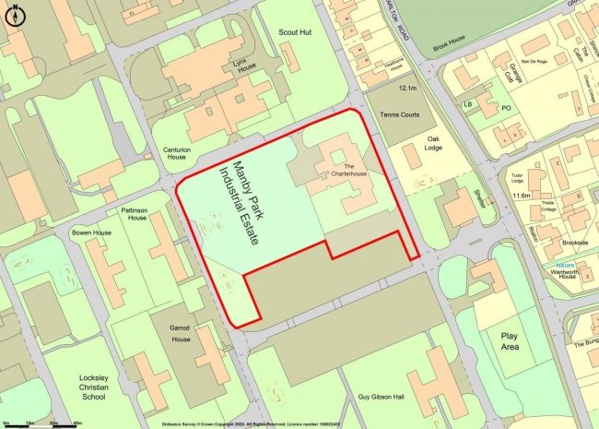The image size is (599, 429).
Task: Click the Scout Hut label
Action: pyautogui.click(x=296, y=31)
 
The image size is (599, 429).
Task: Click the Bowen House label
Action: pyautogui.click(x=91, y=232)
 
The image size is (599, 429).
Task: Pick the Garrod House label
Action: pyautogui.click(x=180, y=333)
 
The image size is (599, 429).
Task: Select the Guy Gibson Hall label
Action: pyautogui.click(x=382, y=397)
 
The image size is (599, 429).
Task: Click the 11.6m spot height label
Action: pyautogui.click(x=522, y=196)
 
